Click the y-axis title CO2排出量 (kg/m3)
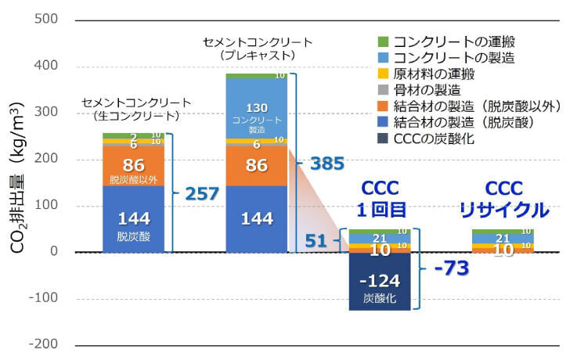(x=17, y=182)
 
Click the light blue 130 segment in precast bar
(x=257, y=109)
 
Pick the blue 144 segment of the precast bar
(x=257, y=219)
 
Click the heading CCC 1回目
(x=381, y=200)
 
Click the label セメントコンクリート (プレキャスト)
(x=257, y=49)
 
